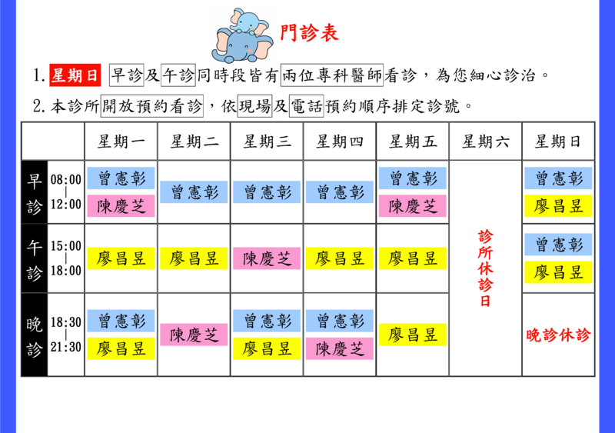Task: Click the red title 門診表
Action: pyautogui.click(x=309, y=32)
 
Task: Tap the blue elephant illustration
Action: pyautogui.click(x=242, y=35)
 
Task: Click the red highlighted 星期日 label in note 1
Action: pyautogui.click(x=75, y=75)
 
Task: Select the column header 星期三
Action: pyautogui.click(x=267, y=142)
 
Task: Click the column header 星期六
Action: pyautogui.click(x=486, y=142)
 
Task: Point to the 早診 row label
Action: pyautogui.click(x=34, y=193)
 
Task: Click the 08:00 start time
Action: pyautogui.click(x=66, y=180)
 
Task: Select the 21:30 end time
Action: pyautogui.click(x=66, y=347)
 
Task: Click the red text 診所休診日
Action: pyautogui.click(x=486, y=269)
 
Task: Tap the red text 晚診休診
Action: pyautogui.click(x=558, y=335)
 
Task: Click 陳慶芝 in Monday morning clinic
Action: pyautogui.click(x=121, y=206)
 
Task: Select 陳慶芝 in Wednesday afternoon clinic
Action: pyautogui.click(x=267, y=258)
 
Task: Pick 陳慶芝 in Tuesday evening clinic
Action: pyautogui.click(x=194, y=335)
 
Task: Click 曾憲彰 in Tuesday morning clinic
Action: pyautogui.click(x=194, y=192)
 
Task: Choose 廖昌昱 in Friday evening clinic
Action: pyautogui.click(x=413, y=335)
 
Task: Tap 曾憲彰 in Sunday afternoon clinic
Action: pyautogui.click(x=558, y=245)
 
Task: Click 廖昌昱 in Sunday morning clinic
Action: pyautogui.click(x=558, y=206)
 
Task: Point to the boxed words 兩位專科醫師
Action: pyautogui.click(x=332, y=75)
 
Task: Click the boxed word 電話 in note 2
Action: pyautogui.click(x=306, y=106)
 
